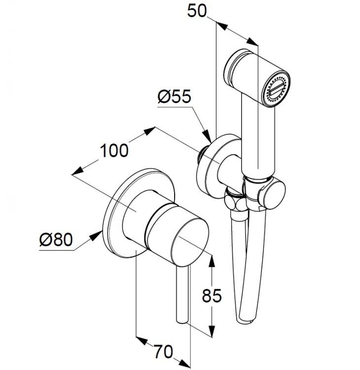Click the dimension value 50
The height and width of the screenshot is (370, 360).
196,11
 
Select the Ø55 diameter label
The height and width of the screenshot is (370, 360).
174,97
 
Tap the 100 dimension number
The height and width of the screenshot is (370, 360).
114,150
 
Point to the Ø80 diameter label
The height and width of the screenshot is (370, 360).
56,239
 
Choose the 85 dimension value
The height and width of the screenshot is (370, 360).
212,295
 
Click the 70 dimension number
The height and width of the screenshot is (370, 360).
163,351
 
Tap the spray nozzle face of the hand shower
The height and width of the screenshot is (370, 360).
276,89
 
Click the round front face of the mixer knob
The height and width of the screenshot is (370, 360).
190,240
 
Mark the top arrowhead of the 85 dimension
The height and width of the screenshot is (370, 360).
212,261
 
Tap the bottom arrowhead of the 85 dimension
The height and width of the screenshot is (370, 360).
212,331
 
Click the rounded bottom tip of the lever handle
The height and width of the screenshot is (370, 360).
182,321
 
